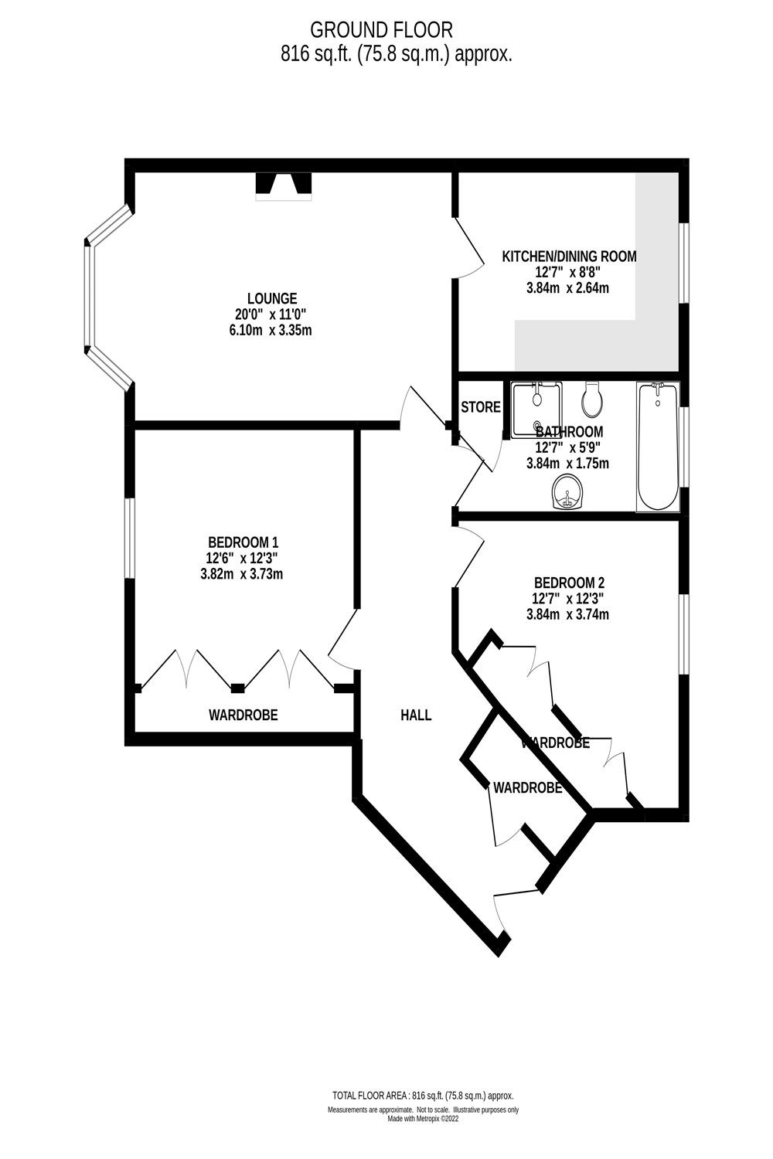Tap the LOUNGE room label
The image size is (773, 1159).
point(272,298)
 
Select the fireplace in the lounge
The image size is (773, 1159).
point(284,185)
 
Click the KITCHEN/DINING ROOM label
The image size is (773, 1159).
point(569,257)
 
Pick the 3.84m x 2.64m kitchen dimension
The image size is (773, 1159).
point(567,288)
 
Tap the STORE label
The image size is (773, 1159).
point(481,407)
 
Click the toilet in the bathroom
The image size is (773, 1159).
point(593,397)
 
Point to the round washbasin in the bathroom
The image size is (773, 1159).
point(570,492)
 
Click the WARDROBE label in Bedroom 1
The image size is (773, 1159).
point(243,715)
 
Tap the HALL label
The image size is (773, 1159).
point(416,715)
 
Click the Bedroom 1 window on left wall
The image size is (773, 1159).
point(131,538)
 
